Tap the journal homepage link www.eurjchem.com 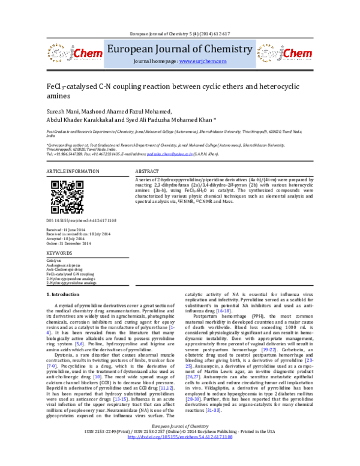203,62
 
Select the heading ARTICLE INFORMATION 73,172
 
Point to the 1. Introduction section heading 67,294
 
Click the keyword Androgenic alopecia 66,265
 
